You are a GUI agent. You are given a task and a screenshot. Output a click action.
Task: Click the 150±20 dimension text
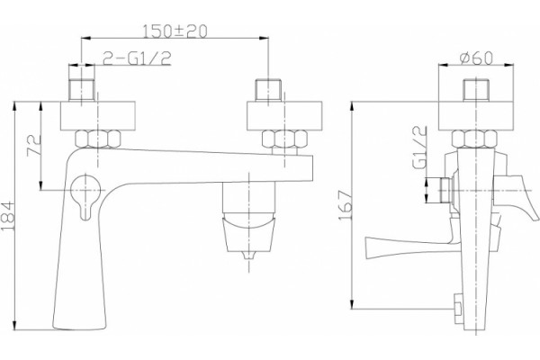click(x=175, y=31)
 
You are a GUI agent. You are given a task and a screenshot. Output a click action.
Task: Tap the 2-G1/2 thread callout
click(x=137, y=58)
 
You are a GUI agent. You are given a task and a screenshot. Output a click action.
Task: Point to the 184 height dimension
click(x=8, y=216)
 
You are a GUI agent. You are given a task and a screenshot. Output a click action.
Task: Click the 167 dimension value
click(x=346, y=205)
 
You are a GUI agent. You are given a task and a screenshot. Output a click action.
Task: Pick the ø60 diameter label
click(x=477, y=58)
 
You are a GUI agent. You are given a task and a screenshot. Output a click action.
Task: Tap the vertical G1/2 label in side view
click(x=418, y=147)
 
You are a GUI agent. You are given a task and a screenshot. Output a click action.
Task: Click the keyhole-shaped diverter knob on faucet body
click(x=85, y=194)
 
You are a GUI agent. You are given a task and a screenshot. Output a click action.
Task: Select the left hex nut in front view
click(x=98, y=139)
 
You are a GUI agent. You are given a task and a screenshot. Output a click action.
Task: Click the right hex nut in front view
click(x=284, y=139)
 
